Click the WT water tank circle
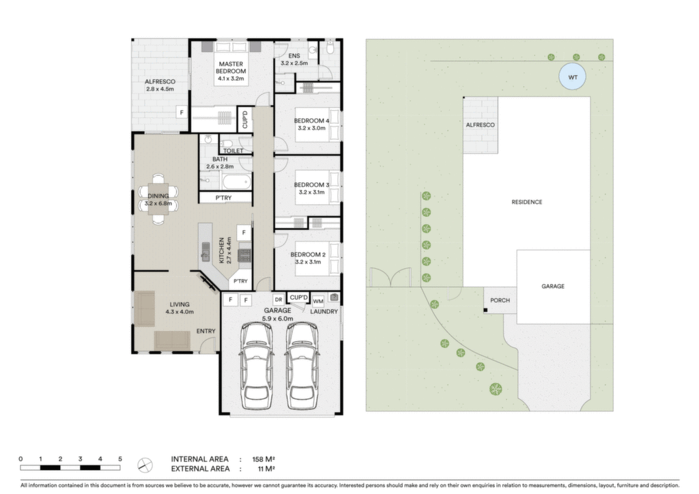point(573,77)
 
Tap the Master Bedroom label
point(231,71)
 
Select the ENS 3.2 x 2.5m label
point(294,59)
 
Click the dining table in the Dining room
point(158,199)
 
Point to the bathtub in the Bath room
point(236,181)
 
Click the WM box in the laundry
point(318,302)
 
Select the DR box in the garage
point(279,300)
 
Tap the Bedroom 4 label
point(311,124)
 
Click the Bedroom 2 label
point(308,259)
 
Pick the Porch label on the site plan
point(500,300)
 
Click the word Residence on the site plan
point(527,202)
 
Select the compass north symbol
point(145,465)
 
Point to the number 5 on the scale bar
point(120,459)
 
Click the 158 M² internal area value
point(263,459)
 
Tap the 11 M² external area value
point(266,469)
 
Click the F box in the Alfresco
point(182,113)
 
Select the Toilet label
point(233,151)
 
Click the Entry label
point(206,331)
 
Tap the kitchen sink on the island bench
point(205,252)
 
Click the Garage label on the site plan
point(553,287)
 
